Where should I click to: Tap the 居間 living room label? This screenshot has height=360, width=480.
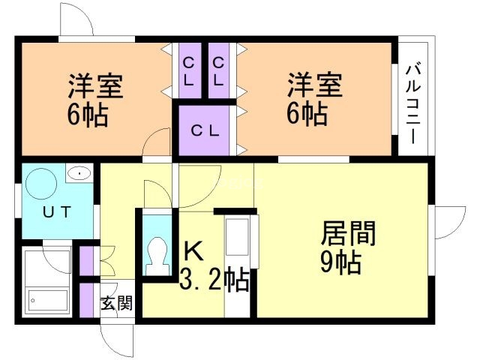(x=348, y=233)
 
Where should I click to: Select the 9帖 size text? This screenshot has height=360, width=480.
(x=340, y=262)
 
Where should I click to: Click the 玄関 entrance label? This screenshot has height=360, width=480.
(x=116, y=303)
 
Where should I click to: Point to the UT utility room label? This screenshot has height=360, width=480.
(x=57, y=211)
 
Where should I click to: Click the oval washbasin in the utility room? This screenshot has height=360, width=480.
(x=79, y=173)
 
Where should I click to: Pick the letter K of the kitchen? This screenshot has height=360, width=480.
(x=193, y=250)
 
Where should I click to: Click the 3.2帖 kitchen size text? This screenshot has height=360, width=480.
(x=214, y=280)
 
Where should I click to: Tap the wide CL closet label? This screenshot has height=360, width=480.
(x=205, y=131)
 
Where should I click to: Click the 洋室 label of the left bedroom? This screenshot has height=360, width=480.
(x=95, y=85)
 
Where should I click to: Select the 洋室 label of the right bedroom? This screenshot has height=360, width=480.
(x=314, y=85)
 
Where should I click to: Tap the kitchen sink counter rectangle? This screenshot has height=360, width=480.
(x=237, y=237)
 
